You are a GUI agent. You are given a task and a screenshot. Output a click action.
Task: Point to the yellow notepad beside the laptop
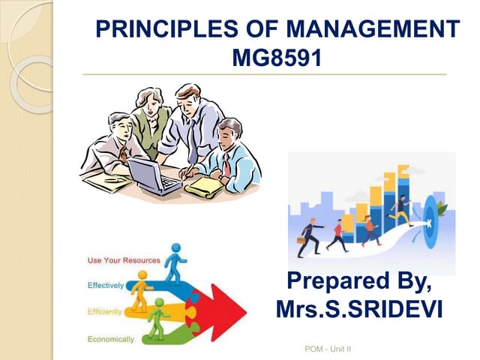click(x=203, y=187)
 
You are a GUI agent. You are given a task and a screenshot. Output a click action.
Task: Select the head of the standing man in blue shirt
click(x=188, y=96)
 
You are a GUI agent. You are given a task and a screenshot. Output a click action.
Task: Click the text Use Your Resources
click(x=124, y=260)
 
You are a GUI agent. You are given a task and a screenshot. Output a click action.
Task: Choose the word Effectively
click(x=106, y=286)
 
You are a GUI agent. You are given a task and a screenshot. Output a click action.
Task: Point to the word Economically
click(x=111, y=339)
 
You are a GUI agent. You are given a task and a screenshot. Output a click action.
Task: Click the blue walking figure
click(x=176, y=262)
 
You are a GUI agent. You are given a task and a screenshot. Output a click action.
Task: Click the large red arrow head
click(x=229, y=307)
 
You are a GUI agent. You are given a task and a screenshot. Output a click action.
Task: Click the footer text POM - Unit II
click(x=328, y=349)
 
